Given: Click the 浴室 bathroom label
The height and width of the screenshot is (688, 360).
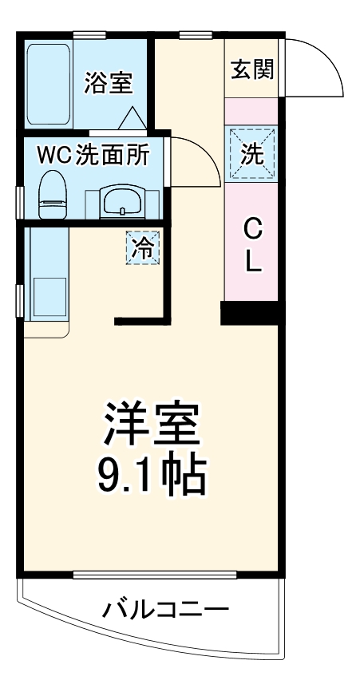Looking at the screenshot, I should pos(109,82).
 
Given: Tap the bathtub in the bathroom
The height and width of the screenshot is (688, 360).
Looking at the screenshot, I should pos(49,82).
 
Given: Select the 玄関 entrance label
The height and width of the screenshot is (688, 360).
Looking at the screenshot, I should pos(252,70).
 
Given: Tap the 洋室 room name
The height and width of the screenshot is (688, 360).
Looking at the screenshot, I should pos(150,422).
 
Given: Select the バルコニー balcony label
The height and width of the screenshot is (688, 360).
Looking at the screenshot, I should pos(166,611).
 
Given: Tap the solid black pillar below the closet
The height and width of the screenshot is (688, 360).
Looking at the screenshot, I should pos(251,313).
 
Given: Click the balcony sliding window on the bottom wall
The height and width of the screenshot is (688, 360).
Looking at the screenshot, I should pos(155,574).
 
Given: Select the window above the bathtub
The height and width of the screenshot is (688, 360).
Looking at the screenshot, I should pos(89,34).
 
